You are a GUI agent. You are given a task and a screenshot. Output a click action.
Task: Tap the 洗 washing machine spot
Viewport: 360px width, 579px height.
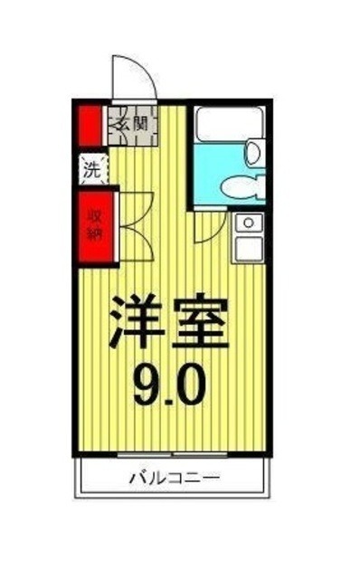point(91,168)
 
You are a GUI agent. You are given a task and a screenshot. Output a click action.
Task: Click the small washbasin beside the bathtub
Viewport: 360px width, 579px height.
point(256,150)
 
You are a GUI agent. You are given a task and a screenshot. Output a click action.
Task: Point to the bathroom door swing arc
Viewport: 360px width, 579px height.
point(207,230)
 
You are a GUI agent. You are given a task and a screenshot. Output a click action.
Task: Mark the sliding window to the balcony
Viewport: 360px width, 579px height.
point(172,451)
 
